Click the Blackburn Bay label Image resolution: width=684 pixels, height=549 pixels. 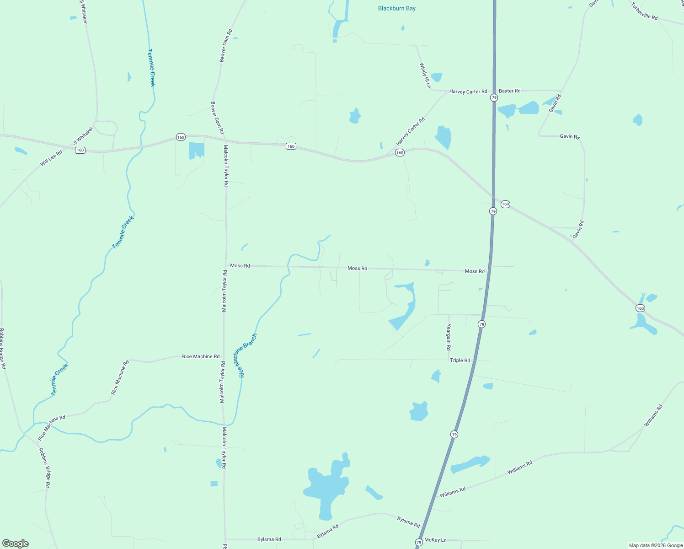396,8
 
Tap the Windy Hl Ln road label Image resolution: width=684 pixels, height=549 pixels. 425,75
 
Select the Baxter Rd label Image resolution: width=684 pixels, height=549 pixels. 509,91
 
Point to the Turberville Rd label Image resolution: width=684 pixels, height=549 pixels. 644,11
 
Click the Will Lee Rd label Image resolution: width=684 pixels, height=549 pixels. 51,159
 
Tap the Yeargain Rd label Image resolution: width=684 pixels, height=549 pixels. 449,337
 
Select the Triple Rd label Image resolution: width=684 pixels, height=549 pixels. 460,361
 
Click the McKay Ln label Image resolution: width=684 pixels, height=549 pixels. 435,540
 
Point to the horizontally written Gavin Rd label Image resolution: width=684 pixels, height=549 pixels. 570,136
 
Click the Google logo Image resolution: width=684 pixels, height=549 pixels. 16,544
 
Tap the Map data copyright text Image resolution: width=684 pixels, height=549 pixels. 656,545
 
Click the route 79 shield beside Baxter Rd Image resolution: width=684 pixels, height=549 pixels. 494,98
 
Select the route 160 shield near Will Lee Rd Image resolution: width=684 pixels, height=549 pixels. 80,150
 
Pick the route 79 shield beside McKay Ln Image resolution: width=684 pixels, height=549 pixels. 419,543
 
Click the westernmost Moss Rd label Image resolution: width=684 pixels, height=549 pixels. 240,265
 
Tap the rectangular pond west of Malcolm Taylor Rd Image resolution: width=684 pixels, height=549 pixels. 196,151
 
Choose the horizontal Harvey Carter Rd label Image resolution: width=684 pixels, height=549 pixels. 468,91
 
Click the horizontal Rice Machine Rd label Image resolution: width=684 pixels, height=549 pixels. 201,356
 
